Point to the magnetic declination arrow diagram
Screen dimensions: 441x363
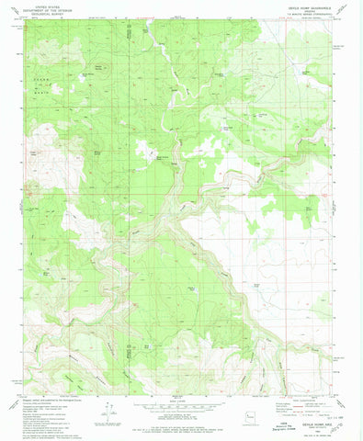click(108, 413)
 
